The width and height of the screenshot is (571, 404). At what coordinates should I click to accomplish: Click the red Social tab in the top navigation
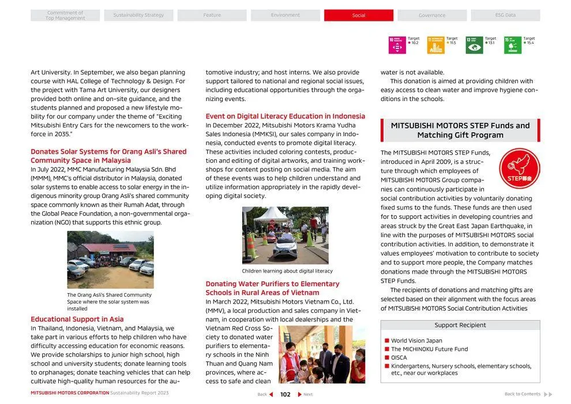358,16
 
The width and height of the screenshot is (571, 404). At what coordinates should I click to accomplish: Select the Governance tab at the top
431,16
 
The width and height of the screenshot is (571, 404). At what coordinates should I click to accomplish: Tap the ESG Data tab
505,16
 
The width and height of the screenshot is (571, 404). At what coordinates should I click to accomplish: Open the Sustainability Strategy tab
138,16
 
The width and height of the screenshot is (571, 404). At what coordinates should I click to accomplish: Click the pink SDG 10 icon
397,45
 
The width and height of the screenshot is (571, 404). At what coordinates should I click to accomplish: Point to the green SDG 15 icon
512,45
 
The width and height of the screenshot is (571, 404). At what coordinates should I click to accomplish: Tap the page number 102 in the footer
285,395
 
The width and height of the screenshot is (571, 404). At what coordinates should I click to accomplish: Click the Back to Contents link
522,394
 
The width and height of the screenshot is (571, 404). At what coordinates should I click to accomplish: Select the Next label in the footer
308,395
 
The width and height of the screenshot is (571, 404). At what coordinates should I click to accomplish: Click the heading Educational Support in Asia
77,319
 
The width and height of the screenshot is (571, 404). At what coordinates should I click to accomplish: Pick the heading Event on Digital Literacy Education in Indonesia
285,116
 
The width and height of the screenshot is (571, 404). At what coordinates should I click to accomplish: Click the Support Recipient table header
460,325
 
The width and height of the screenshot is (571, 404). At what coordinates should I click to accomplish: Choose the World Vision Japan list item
416,341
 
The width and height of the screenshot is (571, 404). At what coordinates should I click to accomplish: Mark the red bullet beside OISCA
387,358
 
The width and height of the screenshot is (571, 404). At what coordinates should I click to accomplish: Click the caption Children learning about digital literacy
287,271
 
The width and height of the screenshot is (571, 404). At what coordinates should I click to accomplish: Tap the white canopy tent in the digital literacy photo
271,214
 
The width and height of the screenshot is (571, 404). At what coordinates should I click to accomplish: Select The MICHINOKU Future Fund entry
429,349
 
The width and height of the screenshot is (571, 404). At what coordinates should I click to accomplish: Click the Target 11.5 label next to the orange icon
452,40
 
